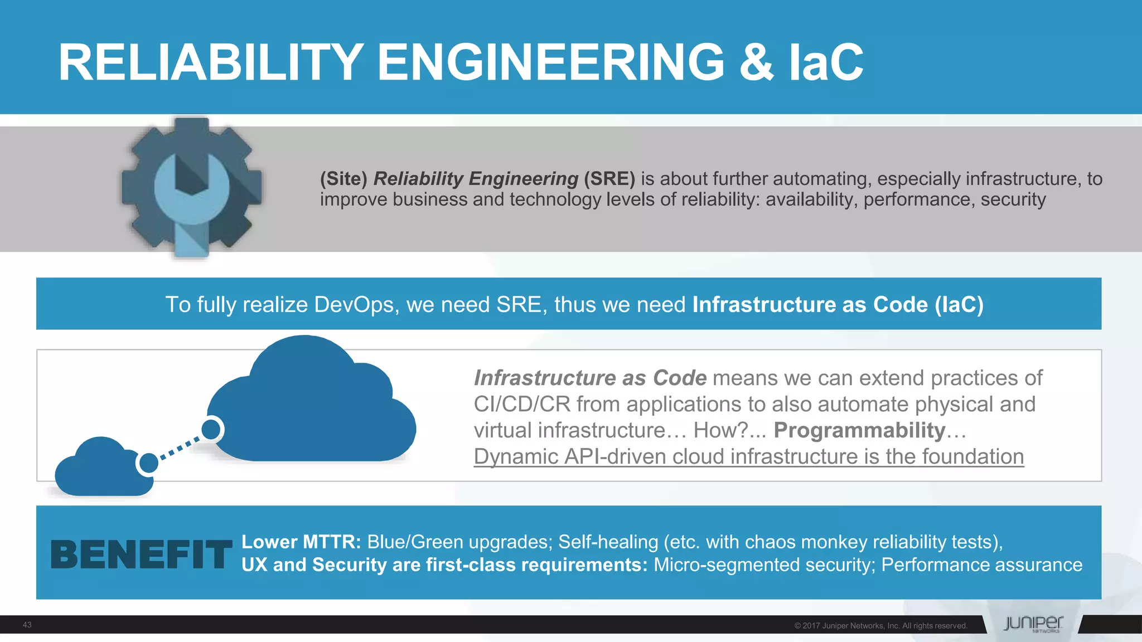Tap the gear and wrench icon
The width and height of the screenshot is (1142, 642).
191,187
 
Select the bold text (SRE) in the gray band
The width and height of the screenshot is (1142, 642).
609,178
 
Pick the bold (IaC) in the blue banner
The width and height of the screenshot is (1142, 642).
959,305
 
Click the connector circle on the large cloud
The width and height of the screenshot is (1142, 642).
211,429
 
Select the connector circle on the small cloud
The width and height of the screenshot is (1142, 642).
148,463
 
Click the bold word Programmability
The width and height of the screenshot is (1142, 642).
859,430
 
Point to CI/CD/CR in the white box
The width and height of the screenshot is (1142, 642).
522,404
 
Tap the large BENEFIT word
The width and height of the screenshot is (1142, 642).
141,555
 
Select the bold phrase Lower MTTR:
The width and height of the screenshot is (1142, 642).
301,542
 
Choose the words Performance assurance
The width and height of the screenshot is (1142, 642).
981,565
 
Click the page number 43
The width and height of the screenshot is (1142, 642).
27,625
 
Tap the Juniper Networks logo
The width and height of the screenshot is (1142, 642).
1033,624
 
